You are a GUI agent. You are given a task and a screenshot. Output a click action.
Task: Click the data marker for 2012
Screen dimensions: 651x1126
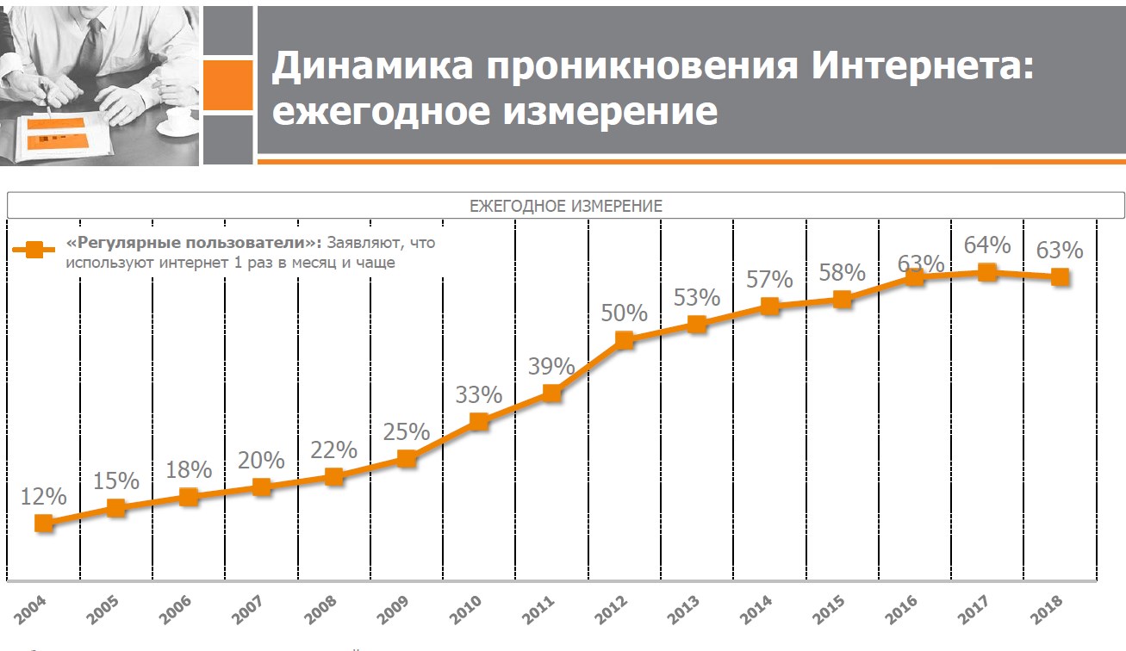(x=625, y=339)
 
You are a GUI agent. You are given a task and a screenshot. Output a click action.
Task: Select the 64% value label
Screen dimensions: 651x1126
(x=986, y=245)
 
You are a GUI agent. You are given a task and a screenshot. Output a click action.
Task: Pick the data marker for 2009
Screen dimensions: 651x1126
(x=407, y=459)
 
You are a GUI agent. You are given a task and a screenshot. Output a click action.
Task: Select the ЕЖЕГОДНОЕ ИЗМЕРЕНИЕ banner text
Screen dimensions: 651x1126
(x=565, y=206)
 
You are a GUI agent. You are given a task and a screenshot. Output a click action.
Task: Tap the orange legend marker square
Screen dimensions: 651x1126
(x=34, y=250)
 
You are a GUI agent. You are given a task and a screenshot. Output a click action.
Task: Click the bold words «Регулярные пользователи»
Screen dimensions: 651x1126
(x=194, y=243)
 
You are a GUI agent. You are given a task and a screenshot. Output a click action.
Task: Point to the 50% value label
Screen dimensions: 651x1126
(x=624, y=313)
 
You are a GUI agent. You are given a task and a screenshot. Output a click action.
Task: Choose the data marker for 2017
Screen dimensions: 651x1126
(x=987, y=273)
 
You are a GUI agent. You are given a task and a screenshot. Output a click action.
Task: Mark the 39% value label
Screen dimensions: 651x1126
(x=551, y=366)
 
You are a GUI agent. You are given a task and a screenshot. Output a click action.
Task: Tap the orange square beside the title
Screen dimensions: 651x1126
(x=227, y=85)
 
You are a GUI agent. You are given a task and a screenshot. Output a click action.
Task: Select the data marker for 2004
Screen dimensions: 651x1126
(x=45, y=523)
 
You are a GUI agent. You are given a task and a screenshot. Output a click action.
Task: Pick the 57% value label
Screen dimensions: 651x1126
(x=769, y=279)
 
